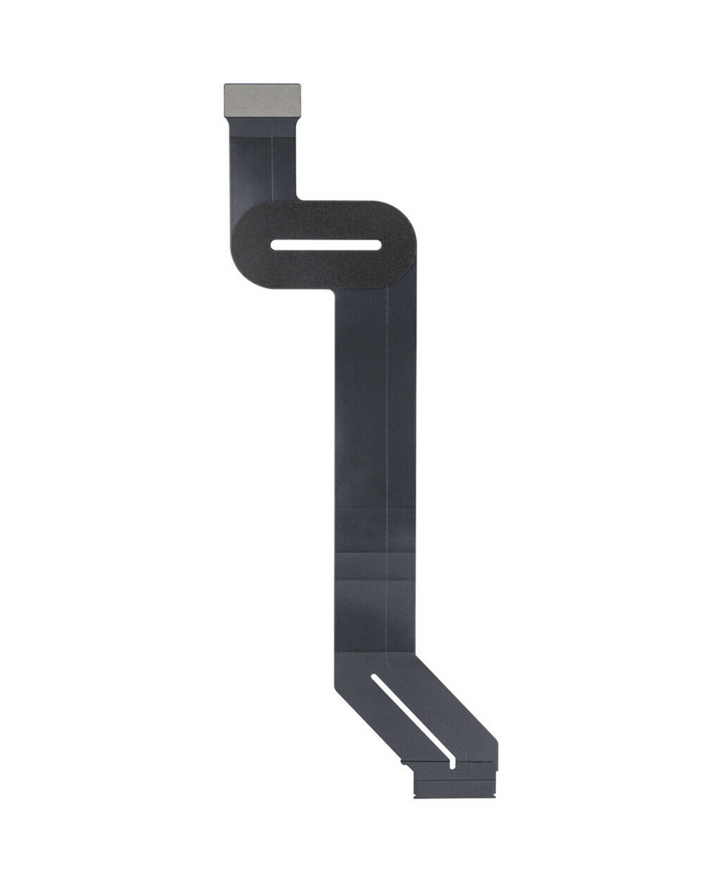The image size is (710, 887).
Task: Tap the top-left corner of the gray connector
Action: pos(225,85)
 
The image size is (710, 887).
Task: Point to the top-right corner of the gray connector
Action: pos(300,85)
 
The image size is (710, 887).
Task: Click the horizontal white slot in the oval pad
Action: pos(325,245)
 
